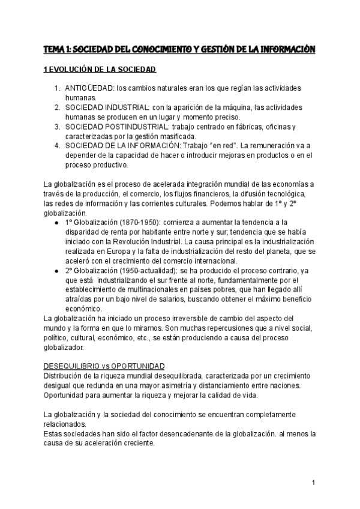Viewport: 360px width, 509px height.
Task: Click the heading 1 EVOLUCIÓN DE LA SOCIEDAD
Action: tap(100, 70)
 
